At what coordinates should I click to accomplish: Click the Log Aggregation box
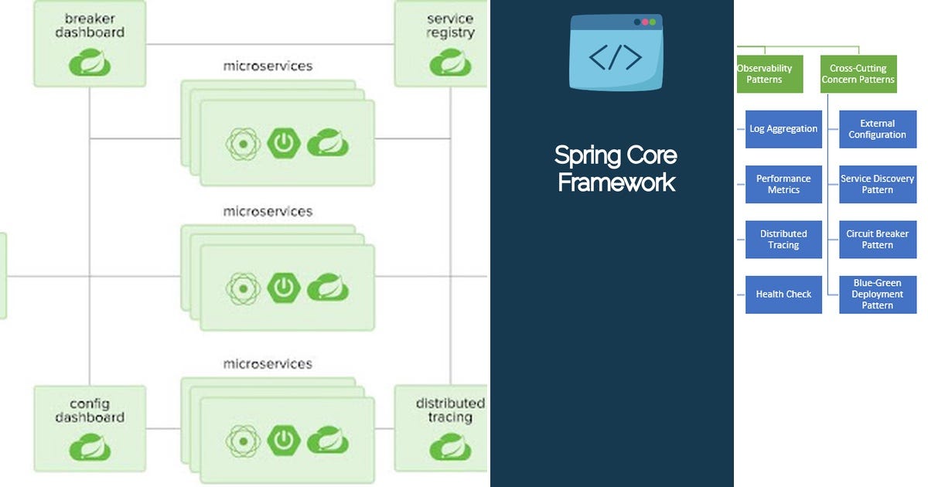[x=783, y=129]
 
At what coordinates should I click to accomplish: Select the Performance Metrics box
[x=783, y=184]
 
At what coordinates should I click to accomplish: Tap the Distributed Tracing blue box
[x=783, y=240]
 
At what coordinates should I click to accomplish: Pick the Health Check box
[x=783, y=295]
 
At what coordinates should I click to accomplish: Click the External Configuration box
[x=878, y=129]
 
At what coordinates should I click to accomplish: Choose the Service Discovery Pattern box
[x=878, y=184]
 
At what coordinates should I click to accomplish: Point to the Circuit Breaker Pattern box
[x=878, y=240]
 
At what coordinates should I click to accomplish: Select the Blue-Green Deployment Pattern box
[x=878, y=295]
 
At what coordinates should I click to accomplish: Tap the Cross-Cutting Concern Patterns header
[x=858, y=74]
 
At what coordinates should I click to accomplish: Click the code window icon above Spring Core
[x=616, y=53]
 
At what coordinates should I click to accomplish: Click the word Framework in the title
[x=616, y=182]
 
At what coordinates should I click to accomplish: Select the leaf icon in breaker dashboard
[x=90, y=63]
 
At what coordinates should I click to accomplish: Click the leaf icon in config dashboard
[x=90, y=446]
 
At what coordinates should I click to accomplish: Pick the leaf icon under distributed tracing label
[x=450, y=446]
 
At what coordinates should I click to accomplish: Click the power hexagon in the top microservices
[x=284, y=143]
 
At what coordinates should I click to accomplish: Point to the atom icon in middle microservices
[x=241, y=288]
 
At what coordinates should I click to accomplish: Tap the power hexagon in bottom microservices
[x=284, y=441]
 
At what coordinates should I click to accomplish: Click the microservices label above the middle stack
[x=268, y=211]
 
